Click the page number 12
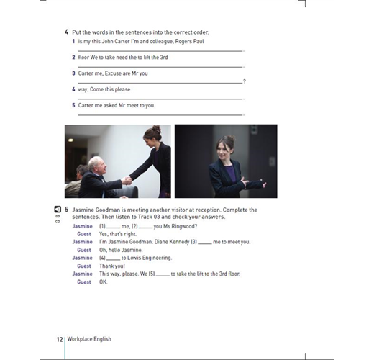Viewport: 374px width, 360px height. (x=60, y=339)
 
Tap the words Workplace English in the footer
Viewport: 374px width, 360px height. (x=89, y=339)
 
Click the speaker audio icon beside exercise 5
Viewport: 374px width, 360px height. (x=58, y=210)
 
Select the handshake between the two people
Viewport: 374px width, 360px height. (x=127, y=181)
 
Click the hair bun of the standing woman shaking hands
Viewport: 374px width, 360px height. (x=156, y=129)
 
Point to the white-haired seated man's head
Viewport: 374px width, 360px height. (x=96, y=165)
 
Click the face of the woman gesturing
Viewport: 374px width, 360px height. (x=223, y=150)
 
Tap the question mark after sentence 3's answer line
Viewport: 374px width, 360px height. (x=245, y=81)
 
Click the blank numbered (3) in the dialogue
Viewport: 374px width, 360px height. (x=205, y=243)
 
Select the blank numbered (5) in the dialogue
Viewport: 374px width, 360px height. (x=163, y=275)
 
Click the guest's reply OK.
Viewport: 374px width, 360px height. (x=103, y=282)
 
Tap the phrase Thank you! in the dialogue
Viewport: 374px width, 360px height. (x=112, y=266)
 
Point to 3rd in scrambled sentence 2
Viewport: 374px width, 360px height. (x=164, y=58)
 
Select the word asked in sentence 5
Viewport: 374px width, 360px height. (x=110, y=105)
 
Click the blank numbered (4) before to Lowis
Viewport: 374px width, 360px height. (x=113, y=259)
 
